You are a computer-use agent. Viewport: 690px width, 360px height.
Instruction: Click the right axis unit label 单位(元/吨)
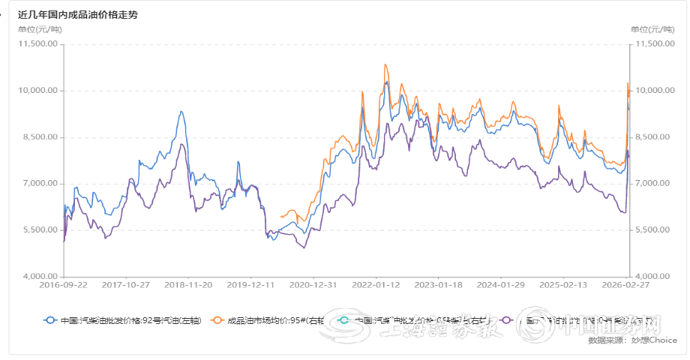pyautogui.click(x=652, y=29)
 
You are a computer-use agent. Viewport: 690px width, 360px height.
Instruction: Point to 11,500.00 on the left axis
pyautogui.click(x=38, y=44)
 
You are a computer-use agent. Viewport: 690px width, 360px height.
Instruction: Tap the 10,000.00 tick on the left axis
pyautogui.click(x=38, y=91)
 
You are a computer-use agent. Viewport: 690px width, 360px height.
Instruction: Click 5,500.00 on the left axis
pyautogui.click(x=40, y=230)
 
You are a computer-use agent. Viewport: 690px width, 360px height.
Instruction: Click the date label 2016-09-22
pyautogui.click(x=63, y=286)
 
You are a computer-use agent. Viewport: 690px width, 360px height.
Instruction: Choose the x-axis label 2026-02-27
pyautogui.click(x=627, y=286)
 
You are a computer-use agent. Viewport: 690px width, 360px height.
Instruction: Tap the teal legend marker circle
pyautogui.click(x=345, y=320)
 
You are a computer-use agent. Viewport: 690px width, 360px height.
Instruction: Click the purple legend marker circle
pyautogui.click(x=506, y=320)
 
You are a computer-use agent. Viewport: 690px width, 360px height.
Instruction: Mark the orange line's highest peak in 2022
pyautogui.click(x=385, y=65)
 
